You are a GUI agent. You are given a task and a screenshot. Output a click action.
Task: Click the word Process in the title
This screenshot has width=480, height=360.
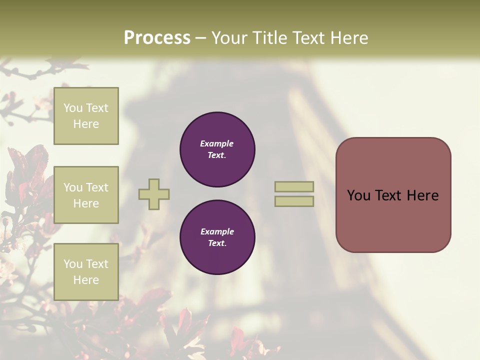tap(157, 37)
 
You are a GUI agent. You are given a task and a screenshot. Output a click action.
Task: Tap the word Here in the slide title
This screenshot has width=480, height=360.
tap(348, 37)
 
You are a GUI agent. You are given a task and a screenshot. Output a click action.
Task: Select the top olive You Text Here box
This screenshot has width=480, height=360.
tap(86, 116)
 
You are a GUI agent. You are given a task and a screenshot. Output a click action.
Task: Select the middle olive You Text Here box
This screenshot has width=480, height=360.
tap(86, 195)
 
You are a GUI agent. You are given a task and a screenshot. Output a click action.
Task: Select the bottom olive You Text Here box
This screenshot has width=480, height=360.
tap(86, 271)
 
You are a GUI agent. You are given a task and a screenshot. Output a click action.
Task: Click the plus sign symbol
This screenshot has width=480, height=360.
tap(154, 194)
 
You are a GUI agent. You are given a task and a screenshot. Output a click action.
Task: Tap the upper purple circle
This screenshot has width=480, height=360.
tap(217, 149)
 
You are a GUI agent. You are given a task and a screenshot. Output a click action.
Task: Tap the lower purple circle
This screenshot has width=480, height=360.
tap(217, 237)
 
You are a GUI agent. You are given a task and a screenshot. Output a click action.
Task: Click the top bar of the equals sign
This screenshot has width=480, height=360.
tap(294, 187)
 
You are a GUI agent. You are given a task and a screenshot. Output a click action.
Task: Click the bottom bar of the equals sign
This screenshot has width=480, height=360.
tap(294, 201)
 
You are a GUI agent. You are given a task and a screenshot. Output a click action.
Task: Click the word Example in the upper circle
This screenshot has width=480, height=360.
tap(217, 143)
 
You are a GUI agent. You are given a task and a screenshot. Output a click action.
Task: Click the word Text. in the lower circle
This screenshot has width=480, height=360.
tap(217, 243)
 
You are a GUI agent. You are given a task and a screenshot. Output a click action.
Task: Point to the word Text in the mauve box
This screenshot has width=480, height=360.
tap(388, 195)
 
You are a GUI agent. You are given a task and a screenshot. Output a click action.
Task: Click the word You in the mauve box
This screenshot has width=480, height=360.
tap(358, 195)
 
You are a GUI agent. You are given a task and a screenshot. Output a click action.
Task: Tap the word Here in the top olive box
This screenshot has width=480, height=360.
tap(86, 124)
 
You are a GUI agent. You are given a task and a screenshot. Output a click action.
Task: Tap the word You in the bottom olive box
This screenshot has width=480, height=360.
tap(73, 263)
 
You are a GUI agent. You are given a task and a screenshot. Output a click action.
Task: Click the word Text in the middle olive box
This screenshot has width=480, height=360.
tap(97, 187)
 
